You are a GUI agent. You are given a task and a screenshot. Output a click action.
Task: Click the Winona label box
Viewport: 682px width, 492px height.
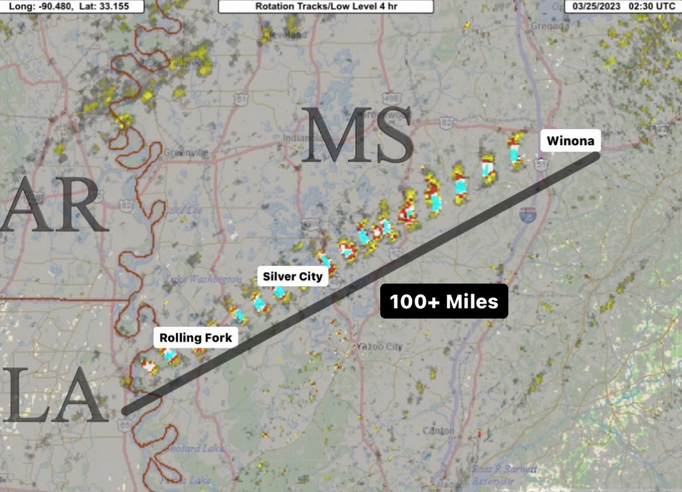(570, 140)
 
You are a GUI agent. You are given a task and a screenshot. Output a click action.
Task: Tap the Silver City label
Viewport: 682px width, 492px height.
(292, 276)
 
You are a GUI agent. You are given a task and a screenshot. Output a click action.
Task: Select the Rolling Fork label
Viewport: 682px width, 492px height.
(195, 337)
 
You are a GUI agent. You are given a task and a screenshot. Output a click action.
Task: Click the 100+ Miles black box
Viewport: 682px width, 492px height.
(444, 301)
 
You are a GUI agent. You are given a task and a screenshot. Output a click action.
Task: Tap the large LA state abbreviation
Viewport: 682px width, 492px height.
(55, 394)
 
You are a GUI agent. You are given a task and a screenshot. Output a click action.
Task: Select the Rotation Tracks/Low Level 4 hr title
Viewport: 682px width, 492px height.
(326, 6)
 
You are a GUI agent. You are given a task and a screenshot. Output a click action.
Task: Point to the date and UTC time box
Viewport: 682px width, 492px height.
(623, 6)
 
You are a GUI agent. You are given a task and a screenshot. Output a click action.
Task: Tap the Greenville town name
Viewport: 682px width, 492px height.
(185, 152)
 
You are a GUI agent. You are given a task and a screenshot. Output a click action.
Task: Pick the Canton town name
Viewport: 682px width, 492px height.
(439, 431)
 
